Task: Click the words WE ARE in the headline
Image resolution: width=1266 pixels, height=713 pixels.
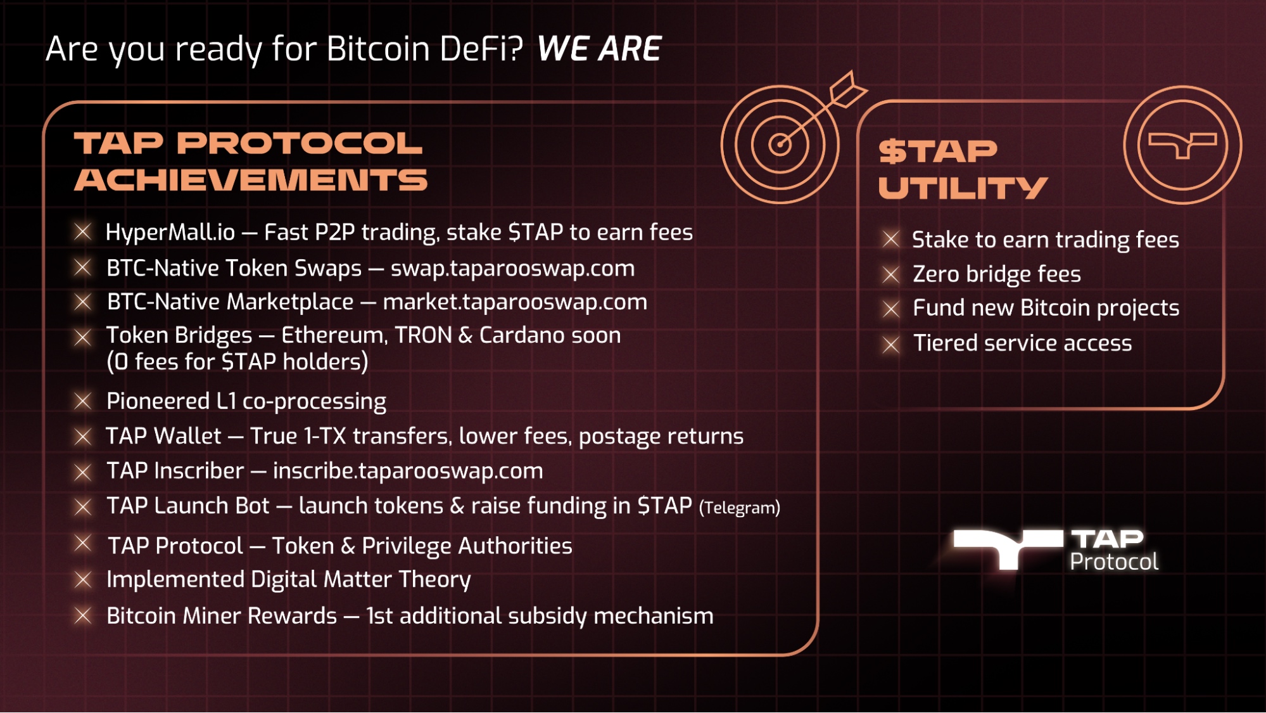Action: pos(598,49)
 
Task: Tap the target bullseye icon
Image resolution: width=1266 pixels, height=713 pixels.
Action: pos(780,145)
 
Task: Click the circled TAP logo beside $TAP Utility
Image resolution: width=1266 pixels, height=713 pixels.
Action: pos(1182,145)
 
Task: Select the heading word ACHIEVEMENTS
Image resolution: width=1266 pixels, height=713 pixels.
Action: pos(251,180)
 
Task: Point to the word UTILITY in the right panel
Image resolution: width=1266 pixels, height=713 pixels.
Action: pos(963,188)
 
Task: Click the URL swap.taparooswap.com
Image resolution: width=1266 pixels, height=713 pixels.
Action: pos(512,269)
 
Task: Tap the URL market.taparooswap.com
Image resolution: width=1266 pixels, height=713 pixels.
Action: pos(515,302)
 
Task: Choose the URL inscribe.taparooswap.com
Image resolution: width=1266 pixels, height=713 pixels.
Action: pos(408,471)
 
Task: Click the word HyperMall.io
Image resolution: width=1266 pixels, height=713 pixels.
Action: pos(170,233)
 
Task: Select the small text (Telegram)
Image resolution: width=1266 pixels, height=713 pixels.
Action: pos(739,508)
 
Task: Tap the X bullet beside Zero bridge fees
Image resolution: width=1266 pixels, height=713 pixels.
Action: pos(891,274)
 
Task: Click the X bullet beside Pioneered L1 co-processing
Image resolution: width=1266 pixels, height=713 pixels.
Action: pos(83,401)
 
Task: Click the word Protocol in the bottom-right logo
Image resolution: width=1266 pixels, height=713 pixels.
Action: pos(1114,562)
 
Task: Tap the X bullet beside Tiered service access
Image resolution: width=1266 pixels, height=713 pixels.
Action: pos(891,344)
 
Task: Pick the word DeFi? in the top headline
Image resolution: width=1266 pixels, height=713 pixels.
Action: pos(481,49)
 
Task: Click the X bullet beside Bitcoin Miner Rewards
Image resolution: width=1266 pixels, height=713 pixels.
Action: pos(83,615)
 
